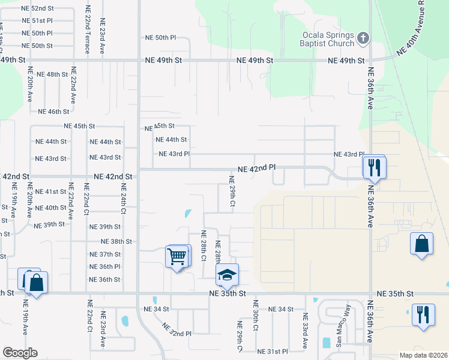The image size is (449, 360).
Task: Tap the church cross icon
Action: [x=363, y=38]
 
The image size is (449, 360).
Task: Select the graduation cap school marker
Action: [x=227, y=275]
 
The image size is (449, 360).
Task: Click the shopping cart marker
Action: [x=177, y=256]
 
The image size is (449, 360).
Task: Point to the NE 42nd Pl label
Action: [x=256, y=169]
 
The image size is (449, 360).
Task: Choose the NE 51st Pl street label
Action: [x=37, y=20]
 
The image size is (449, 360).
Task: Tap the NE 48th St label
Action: [x=52, y=74]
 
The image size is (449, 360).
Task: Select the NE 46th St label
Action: [x=54, y=112]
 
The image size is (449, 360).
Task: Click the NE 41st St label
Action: [x=50, y=192]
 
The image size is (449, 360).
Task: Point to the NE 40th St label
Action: [x=50, y=208]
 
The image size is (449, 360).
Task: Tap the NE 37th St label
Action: [x=105, y=254]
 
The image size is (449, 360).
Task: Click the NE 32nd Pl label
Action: [x=176, y=330]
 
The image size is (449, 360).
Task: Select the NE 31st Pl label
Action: [x=273, y=351]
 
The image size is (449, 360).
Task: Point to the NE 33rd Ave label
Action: [x=304, y=331]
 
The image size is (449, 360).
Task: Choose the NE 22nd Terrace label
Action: [x=88, y=30]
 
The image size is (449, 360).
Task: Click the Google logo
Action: [x=20, y=353]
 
